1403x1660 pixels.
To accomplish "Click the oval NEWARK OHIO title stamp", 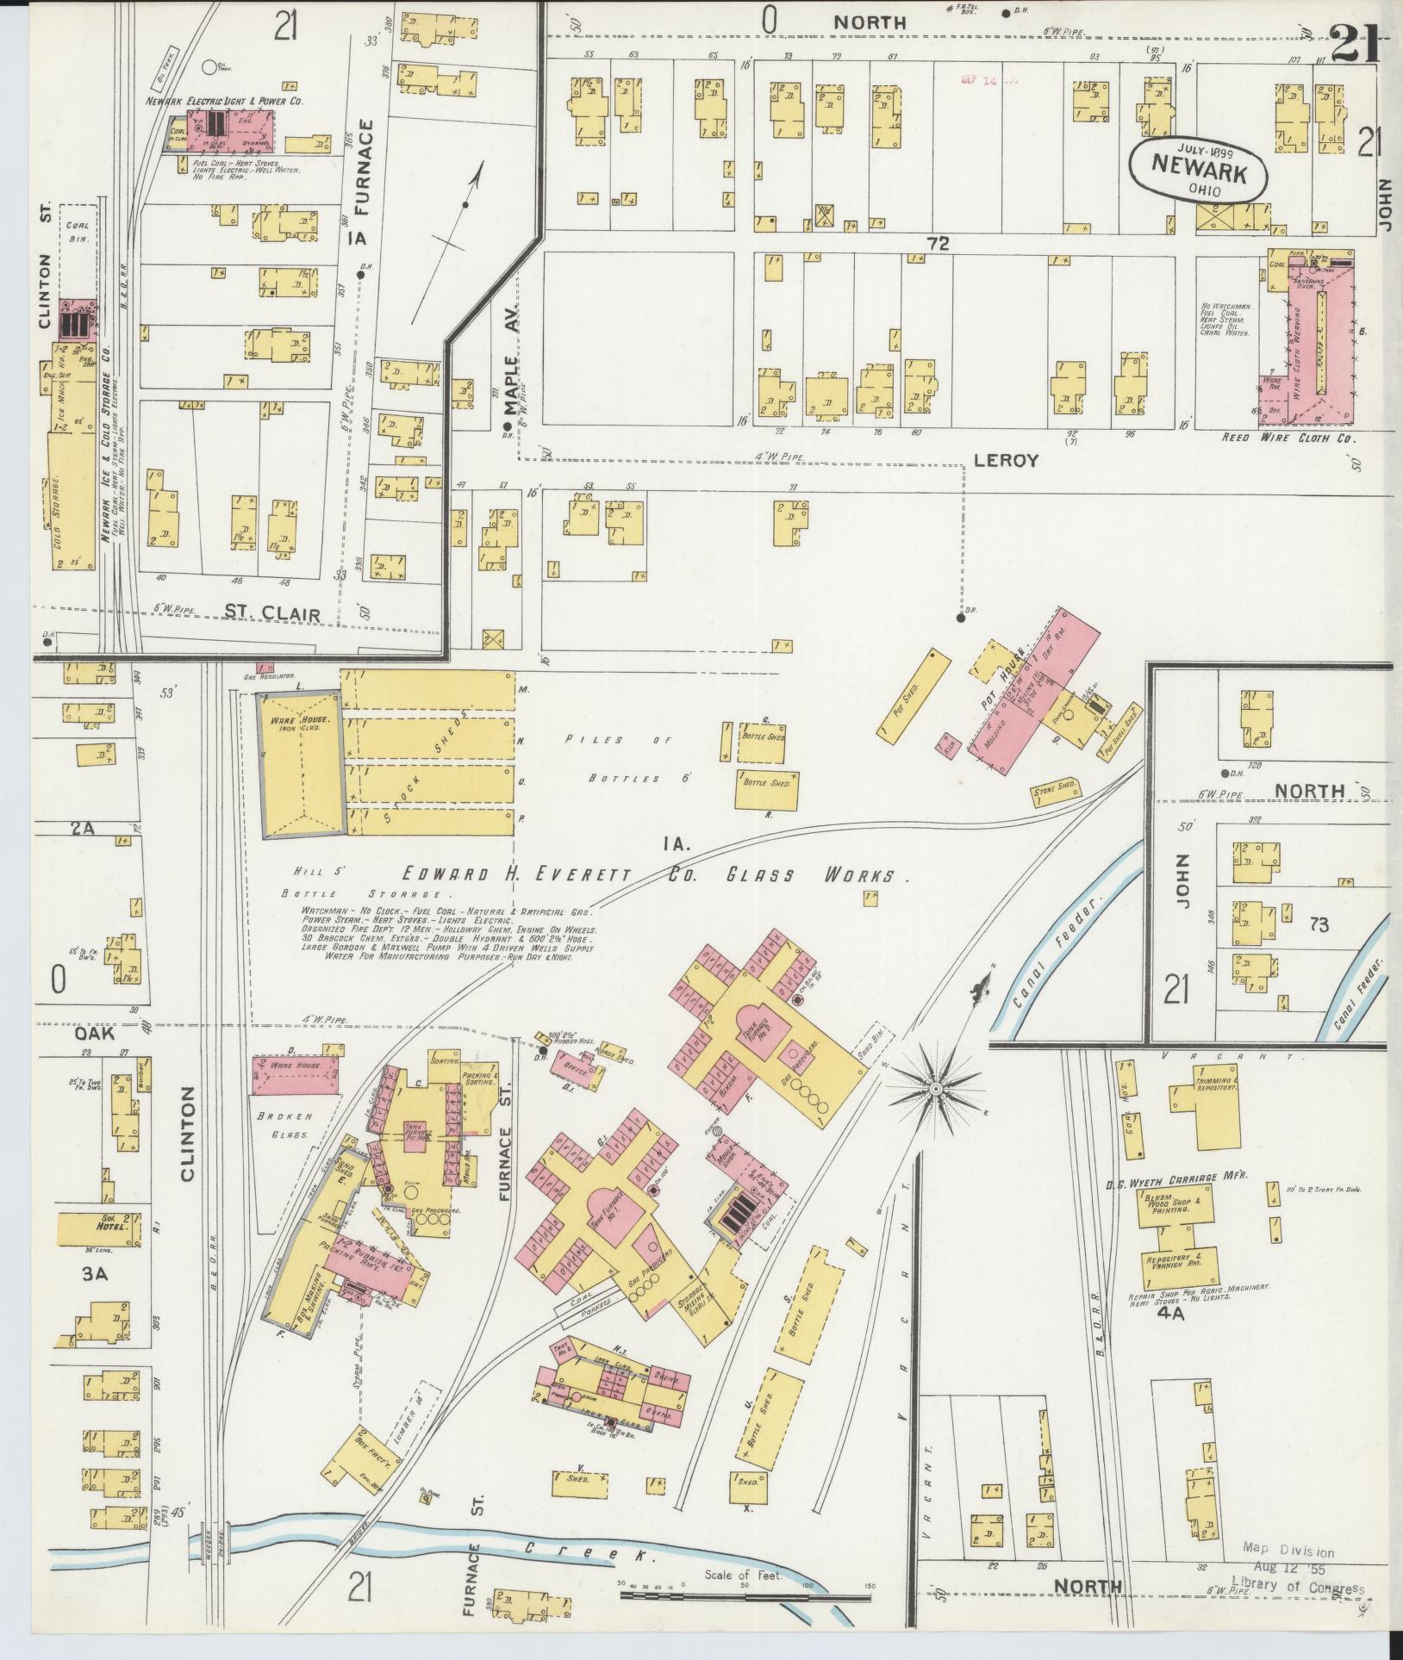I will click(1199, 170).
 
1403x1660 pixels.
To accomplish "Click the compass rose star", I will click(936, 1091).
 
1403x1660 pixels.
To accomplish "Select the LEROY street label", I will click(1007, 461).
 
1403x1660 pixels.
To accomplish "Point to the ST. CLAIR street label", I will click(271, 614).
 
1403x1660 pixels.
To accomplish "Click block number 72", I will click(938, 245).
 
